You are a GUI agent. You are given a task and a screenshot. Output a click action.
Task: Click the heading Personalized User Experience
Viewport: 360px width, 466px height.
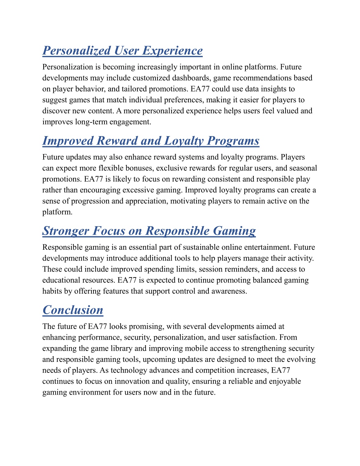[x=122, y=51]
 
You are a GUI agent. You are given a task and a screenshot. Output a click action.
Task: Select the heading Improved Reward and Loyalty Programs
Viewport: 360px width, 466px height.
[x=151, y=141]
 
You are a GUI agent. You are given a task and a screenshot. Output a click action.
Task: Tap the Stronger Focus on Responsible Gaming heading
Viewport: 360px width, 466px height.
[x=149, y=231]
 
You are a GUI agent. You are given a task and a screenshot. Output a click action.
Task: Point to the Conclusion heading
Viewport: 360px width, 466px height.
[x=73, y=310]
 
